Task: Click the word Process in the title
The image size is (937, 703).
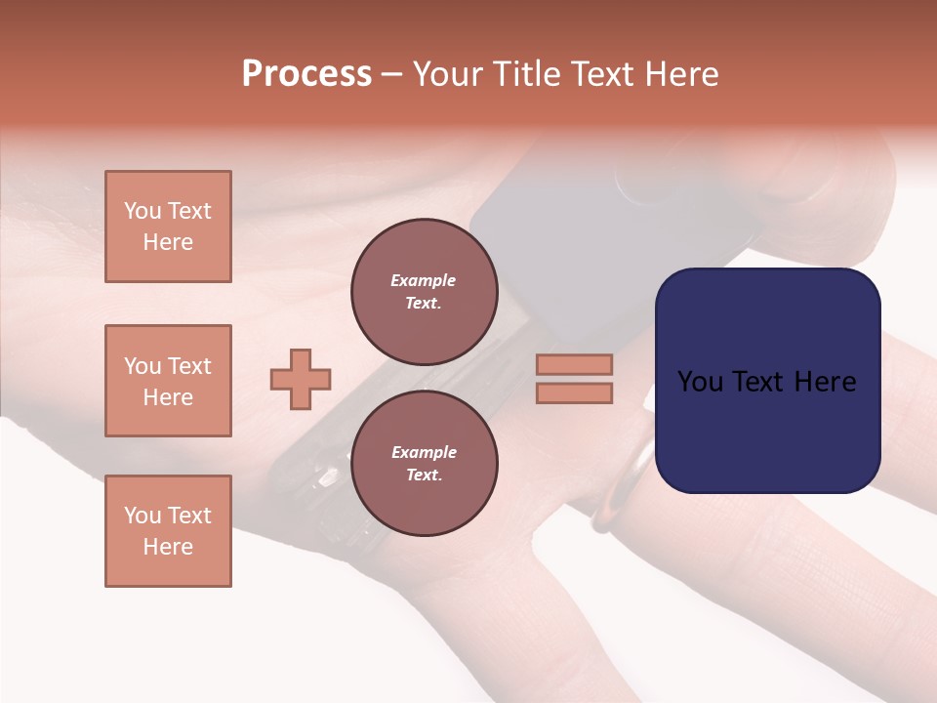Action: click(306, 74)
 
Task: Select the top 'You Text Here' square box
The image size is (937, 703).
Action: click(168, 227)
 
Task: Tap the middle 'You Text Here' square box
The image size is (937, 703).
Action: click(168, 381)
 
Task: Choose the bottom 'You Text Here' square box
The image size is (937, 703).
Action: click(168, 531)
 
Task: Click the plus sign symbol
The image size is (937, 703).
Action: click(301, 379)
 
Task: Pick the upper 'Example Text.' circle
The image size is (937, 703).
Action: click(424, 292)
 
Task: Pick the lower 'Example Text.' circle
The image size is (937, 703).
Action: click(424, 463)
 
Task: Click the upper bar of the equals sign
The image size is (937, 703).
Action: click(574, 364)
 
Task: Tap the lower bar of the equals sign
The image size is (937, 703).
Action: click(574, 393)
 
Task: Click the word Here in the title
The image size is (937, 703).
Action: click(680, 74)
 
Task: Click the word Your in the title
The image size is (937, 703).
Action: click(445, 74)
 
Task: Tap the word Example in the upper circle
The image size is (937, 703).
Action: click(424, 280)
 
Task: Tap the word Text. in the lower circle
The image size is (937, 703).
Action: click(424, 475)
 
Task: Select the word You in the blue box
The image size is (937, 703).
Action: click(701, 382)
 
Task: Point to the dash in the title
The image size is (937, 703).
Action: click(391, 74)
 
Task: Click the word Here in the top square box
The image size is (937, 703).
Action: click(168, 242)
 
